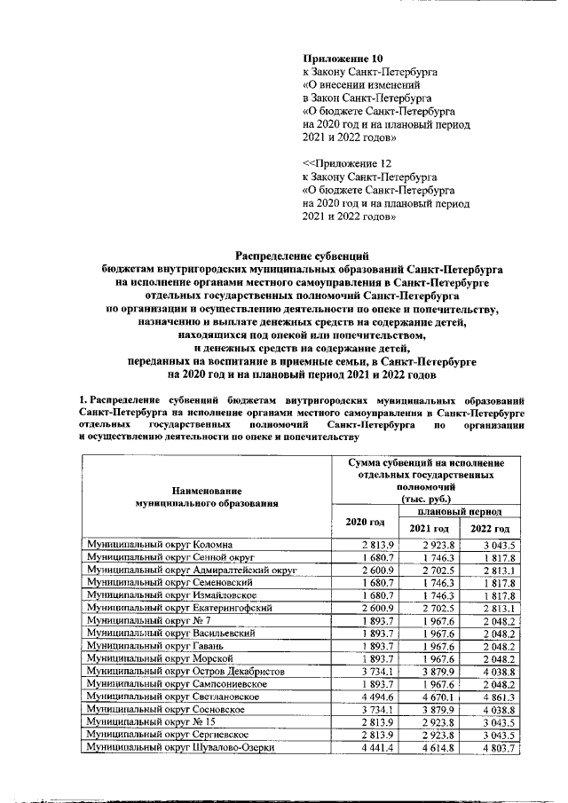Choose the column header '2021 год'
coord(429,529)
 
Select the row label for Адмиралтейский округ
coord(190,569)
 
